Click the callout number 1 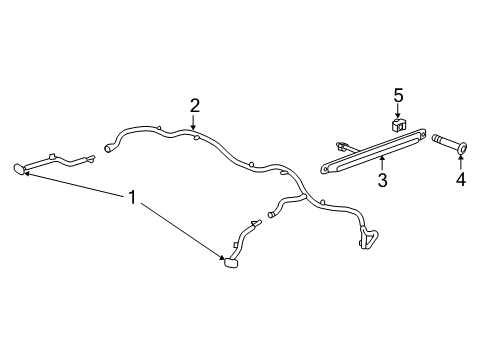pyautogui.click(x=133, y=197)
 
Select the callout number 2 pyautogui.click(x=195, y=106)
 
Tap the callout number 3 pyautogui.click(x=383, y=180)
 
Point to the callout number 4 pyautogui.click(x=461, y=180)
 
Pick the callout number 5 pyautogui.click(x=398, y=95)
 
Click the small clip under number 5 pyautogui.click(x=398, y=125)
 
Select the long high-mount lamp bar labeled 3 pyautogui.click(x=373, y=151)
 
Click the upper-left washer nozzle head pyautogui.click(x=20, y=169)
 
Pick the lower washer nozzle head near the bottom pyautogui.click(x=231, y=262)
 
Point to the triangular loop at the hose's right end pyautogui.click(x=368, y=237)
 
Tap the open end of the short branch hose pyautogui.click(x=270, y=214)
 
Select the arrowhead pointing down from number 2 pyautogui.click(x=193, y=127)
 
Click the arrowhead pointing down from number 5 pyautogui.click(x=398, y=115)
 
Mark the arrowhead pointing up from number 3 pyautogui.click(x=382, y=159)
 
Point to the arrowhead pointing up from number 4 pyautogui.click(x=461, y=157)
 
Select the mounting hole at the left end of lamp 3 pyautogui.click(x=325, y=169)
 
